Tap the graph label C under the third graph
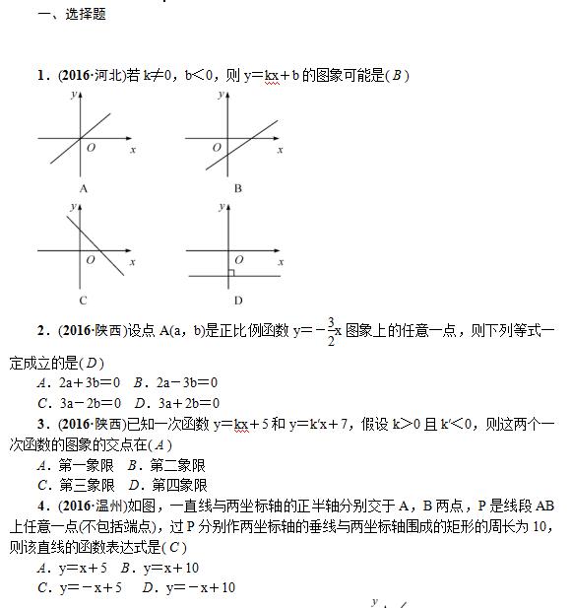[x=84, y=300]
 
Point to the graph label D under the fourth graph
[x=238, y=300]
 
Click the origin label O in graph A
[x=92, y=148]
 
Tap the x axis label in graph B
[x=281, y=150]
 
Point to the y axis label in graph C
[x=73, y=206]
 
